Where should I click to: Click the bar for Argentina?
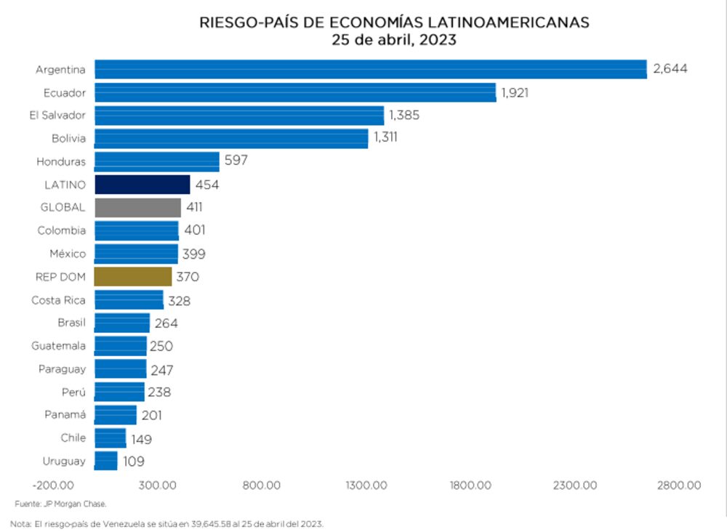point(371,69)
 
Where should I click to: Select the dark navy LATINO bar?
point(142,185)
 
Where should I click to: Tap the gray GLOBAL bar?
point(138,208)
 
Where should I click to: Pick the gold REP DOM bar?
point(134,277)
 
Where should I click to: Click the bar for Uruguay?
point(106,461)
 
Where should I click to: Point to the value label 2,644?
point(670,69)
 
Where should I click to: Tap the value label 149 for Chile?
point(141,439)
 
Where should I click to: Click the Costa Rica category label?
point(58,300)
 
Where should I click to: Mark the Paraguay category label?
point(62,369)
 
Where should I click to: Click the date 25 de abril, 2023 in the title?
point(394,40)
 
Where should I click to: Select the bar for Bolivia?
point(231,138)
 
